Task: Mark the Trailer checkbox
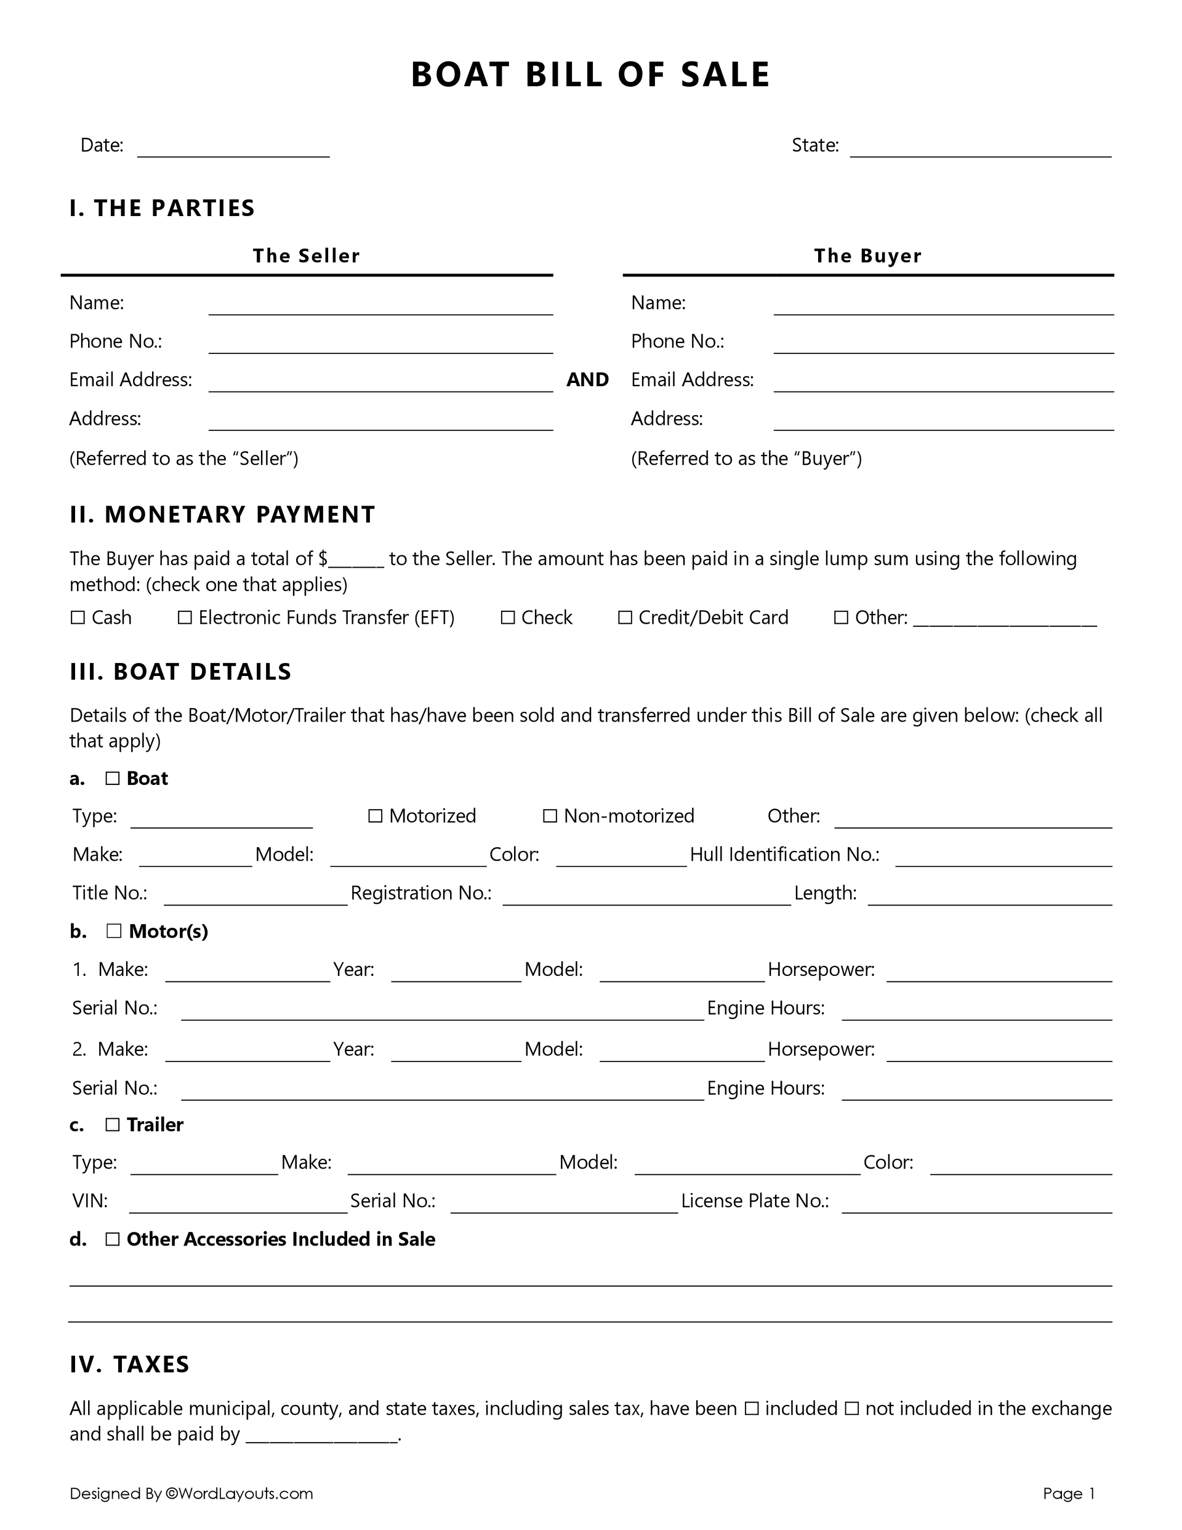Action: click(x=112, y=1124)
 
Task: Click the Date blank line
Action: click(x=233, y=148)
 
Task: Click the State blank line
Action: click(x=980, y=148)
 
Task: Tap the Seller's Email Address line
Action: click(x=380, y=382)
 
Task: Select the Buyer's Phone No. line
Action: click(x=943, y=344)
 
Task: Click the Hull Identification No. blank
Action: click(x=1003, y=858)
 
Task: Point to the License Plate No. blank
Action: click(x=977, y=1204)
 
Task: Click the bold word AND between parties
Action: click(x=587, y=380)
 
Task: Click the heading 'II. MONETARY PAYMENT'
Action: click(x=222, y=514)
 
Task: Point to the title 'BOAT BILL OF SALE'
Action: click(x=590, y=74)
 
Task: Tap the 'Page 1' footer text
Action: click(x=1069, y=1494)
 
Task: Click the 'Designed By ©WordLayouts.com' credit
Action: click(x=191, y=1494)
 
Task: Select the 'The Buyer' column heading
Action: click(x=867, y=256)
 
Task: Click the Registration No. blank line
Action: click(x=646, y=896)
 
